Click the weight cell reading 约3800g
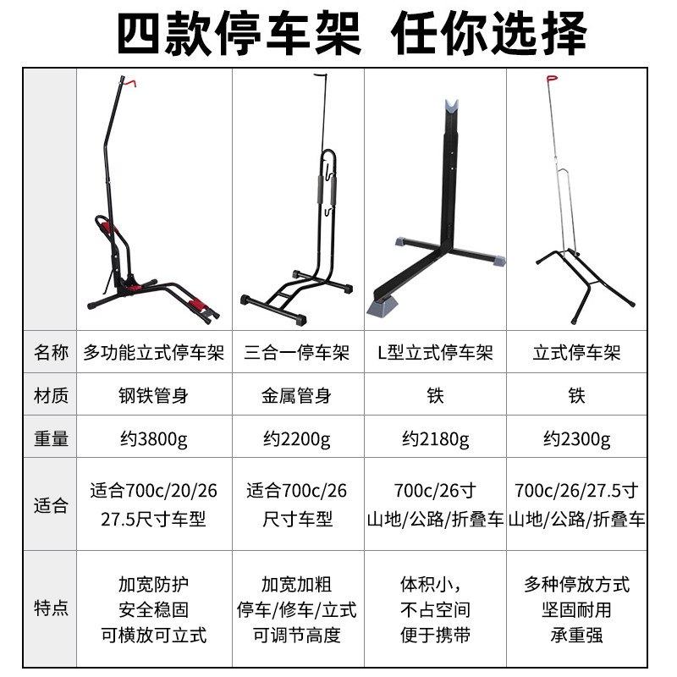(x=154, y=439)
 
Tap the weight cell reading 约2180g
(x=434, y=439)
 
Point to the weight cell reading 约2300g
(x=576, y=439)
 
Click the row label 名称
(x=51, y=352)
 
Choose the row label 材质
(x=51, y=395)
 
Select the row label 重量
(x=51, y=439)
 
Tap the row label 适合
(x=51, y=506)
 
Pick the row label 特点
(x=51, y=608)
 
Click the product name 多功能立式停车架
(x=154, y=352)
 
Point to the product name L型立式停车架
(x=434, y=352)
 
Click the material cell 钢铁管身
(x=154, y=395)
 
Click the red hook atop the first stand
(x=129, y=82)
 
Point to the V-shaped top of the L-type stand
(x=452, y=108)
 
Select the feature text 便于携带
(x=434, y=635)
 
